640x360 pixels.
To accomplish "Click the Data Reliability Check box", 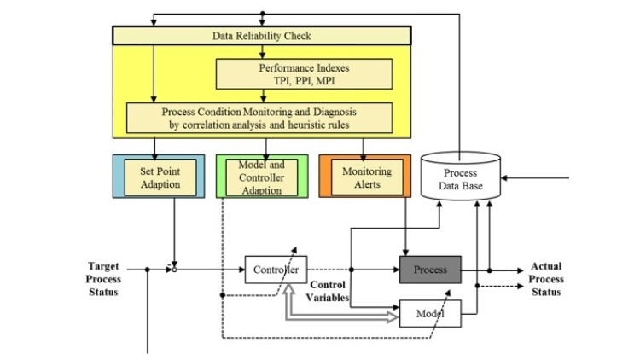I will coord(262,35).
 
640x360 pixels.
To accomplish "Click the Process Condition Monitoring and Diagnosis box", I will coord(259,117).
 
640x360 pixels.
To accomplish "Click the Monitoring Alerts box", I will coord(367,177).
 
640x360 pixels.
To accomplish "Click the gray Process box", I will coord(430,270).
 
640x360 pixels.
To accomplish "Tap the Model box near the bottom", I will coord(430,314).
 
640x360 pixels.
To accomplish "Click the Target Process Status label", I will coord(104,279).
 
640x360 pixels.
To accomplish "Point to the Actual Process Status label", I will coord(546,279).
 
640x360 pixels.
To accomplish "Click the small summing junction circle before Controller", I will coord(174,270).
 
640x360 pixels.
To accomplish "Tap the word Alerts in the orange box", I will coord(367,184).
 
